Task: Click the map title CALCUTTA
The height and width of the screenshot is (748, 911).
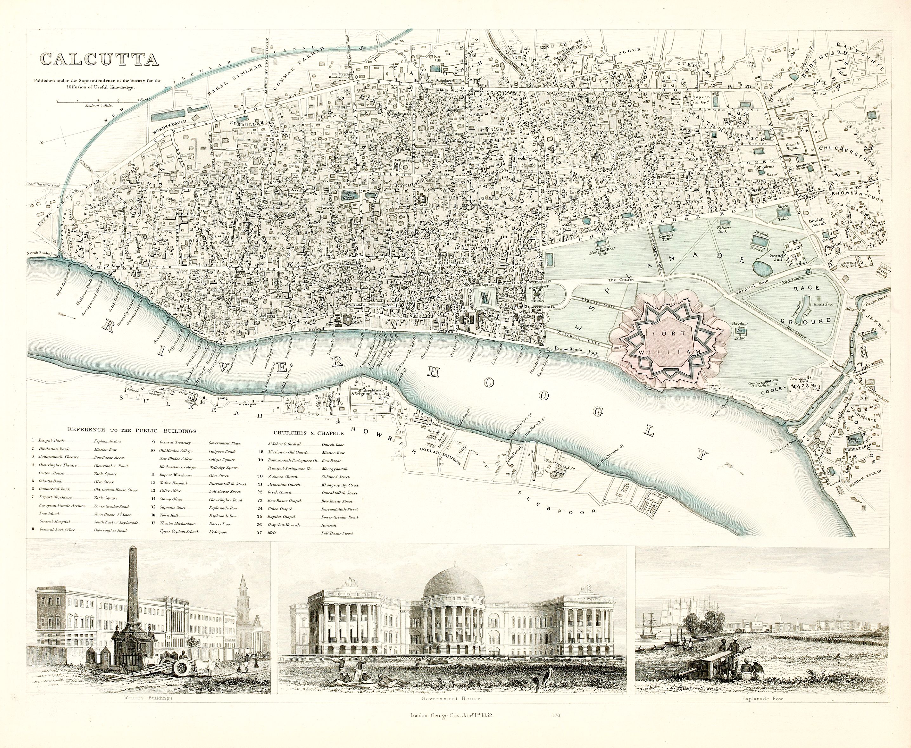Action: (99, 59)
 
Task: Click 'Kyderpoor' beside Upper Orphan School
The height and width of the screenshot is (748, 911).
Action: (219, 532)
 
